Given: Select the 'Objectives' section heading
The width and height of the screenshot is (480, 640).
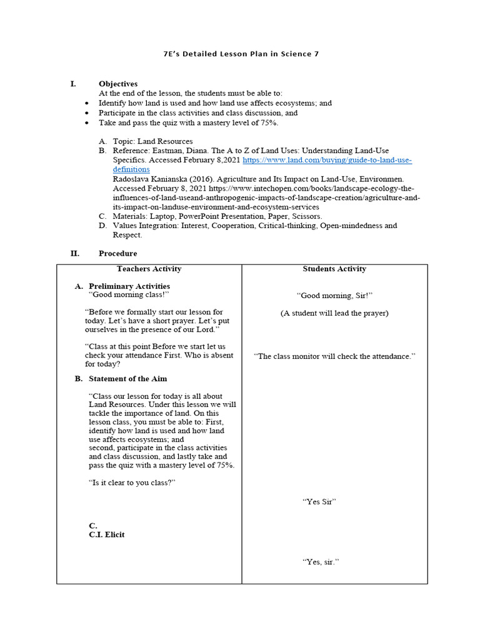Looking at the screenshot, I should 118,84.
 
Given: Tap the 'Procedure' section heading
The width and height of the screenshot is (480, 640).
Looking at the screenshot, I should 117,253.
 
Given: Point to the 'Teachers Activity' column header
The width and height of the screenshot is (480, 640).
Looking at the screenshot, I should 149,269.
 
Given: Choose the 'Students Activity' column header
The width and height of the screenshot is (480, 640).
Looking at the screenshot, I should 334,269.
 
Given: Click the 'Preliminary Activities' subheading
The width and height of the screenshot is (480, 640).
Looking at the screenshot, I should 129,286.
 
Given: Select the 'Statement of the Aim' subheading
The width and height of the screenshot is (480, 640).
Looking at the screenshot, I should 127,379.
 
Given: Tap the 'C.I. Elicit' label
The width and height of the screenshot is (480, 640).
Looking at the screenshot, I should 106,534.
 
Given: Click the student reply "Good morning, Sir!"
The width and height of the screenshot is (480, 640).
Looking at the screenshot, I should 334,296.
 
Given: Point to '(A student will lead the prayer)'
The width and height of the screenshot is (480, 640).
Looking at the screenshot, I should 334,313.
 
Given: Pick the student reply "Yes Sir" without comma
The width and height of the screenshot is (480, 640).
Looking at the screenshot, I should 319,501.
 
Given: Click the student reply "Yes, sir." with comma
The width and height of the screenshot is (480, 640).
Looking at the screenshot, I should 321,562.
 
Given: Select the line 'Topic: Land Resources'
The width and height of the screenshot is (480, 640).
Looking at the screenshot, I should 152,142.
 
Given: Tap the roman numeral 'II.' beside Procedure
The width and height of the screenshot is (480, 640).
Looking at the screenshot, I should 74,253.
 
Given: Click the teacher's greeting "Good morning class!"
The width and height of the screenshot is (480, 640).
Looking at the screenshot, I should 129,294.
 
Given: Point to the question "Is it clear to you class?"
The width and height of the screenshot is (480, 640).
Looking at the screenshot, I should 132,482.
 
